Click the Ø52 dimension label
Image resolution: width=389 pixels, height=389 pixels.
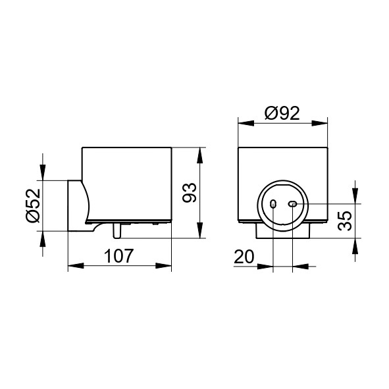point(33,205)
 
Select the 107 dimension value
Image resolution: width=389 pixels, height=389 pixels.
point(119,256)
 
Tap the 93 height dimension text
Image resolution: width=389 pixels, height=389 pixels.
point(190,193)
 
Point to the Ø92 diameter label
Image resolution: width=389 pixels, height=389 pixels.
point(282,113)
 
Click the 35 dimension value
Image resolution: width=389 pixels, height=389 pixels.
point(345,220)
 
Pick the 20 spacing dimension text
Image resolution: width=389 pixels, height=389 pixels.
point(244,257)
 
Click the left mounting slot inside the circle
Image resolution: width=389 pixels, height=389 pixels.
point(273,204)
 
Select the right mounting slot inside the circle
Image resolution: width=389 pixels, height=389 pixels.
point(292,204)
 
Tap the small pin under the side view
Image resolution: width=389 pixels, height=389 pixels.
point(117,231)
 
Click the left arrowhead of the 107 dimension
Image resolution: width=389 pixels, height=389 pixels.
point(76,266)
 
